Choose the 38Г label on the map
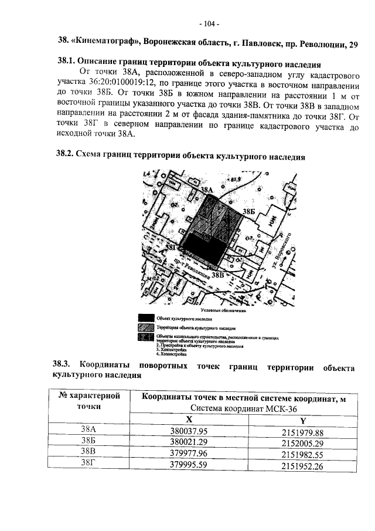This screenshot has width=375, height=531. click(x=171, y=248)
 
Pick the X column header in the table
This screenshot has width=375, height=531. click(x=189, y=420)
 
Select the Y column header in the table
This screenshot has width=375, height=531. click(x=302, y=420)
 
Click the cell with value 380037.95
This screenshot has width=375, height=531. click(x=189, y=431)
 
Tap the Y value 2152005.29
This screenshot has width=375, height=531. click(x=302, y=442)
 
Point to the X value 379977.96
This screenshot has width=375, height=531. click(x=189, y=454)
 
